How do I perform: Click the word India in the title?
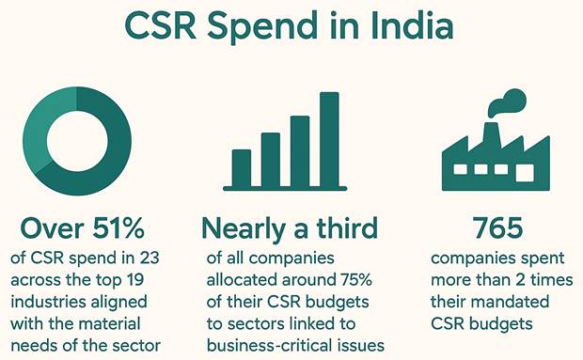[x=412, y=25]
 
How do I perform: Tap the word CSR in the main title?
[x=161, y=26]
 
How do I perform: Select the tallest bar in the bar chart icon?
[x=329, y=139]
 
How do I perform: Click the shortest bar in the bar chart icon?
[x=242, y=168]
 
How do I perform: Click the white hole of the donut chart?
[x=77, y=141]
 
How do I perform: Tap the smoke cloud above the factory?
[x=508, y=102]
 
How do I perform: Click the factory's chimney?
[x=491, y=133]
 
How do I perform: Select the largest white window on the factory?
[x=525, y=173]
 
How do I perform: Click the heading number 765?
[x=497, y=227]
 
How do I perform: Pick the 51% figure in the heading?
[x=118, y=227]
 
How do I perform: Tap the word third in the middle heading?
[x=347, y=227]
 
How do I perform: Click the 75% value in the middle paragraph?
[x=355, y=280]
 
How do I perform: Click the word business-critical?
[x=272, y=345]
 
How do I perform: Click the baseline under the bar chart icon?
[x=285, y=189]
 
